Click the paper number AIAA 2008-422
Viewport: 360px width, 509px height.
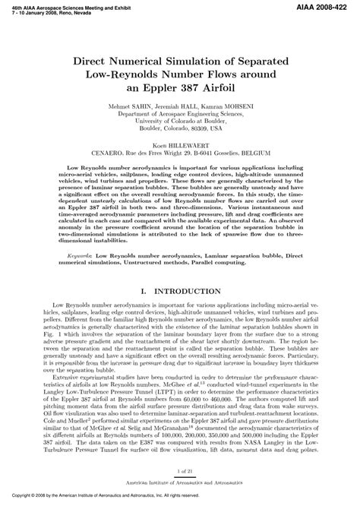(x=327, y=6)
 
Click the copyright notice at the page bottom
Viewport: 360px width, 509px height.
(x=114, y=504)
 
